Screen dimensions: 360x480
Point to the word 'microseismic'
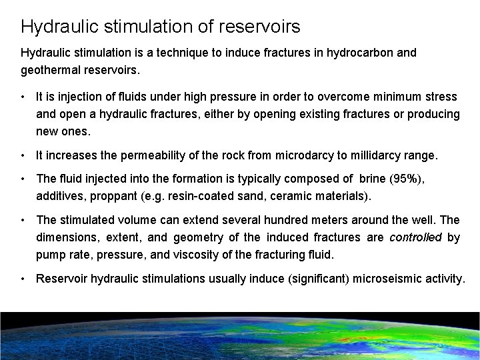coord(377,279)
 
